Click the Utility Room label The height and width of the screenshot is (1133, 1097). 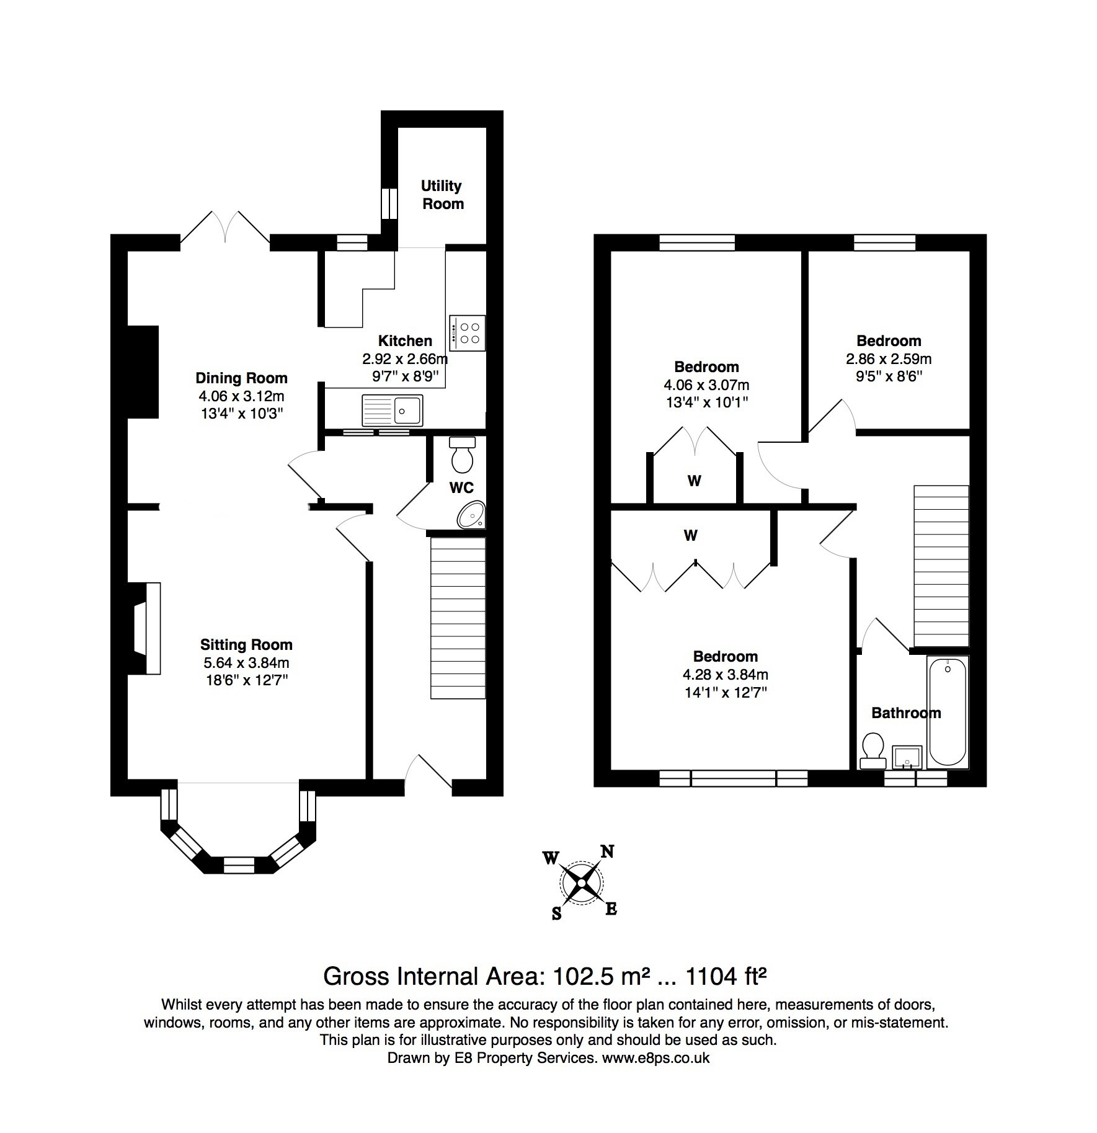pyautogui.click(x=443, y=195)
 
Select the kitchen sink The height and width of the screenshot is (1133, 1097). pyautogui.click(x=392, y=410)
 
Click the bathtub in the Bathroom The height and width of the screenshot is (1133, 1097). pyautogui.click(x=947, y=712)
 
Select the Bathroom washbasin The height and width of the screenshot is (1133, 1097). pyautogui.click(x=907, y=757)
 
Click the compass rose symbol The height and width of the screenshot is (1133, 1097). pyautogui.click(x=581, y=882)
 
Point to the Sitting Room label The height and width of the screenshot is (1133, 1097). pyautogui.click(x=246, y=645)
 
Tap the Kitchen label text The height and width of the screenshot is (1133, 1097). pyautogui.click(x=405, y=340)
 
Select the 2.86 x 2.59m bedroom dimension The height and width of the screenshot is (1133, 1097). pyautogui.click(x=889, y=358)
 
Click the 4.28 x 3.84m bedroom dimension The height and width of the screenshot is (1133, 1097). pyautogui.click(x=726, y=675)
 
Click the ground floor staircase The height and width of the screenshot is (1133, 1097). pyautogui.click(x=458, y=618)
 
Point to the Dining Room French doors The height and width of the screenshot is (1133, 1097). pyautogui.click(x=225, y=228)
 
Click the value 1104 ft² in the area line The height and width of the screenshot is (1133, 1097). pyautogui.click(x=726, y=977)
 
